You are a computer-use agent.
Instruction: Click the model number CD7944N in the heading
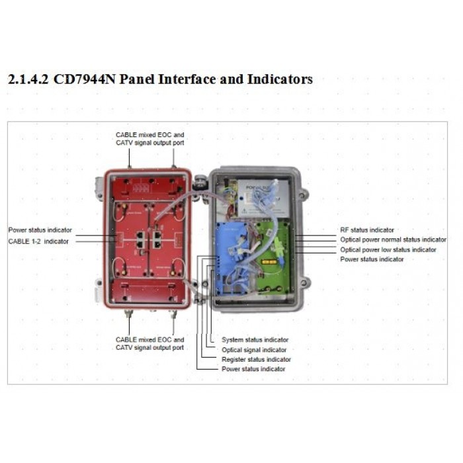pyautogui.click(x=84, y=79)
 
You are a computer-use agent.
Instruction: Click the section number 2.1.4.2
pyautogui.click(x=28, y=79)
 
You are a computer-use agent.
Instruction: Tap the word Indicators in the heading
pyautogui.click(x=280, y=79)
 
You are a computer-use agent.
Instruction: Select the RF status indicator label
pyautogui.click(x=367, y=230)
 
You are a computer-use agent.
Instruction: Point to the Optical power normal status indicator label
pyautogui.click(x=393, y=239)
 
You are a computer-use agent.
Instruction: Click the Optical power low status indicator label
pyautogui.click(x=388, y=249)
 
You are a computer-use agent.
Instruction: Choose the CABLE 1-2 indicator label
pyautogui.click(x=38, y=241)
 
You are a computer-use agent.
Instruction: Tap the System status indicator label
pyautogui.click(x=255, y=339)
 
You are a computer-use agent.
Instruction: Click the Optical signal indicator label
pyautogui.click(x=254, y=350)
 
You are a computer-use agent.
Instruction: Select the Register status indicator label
pyautogui.click(x=257, y=359)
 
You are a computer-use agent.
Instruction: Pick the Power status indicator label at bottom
pyautogui.click(x=253, y=369)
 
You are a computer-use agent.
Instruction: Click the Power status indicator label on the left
pyautogui.click(x=40, y=230)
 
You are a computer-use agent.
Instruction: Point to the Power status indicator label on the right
pyautogui.click(x=372, y=259)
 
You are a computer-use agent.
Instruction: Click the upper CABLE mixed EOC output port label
pyautogui.click(x=150, y=139)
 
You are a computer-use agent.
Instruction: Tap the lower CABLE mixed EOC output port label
pyautogui.click(x=149, y=344)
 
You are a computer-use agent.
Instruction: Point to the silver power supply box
pyautogui.click(x=263, y=198)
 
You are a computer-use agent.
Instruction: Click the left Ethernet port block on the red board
pyautogui.click(x=140, y=239)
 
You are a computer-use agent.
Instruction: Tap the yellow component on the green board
pyautogui.click(x=269, y=262)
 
